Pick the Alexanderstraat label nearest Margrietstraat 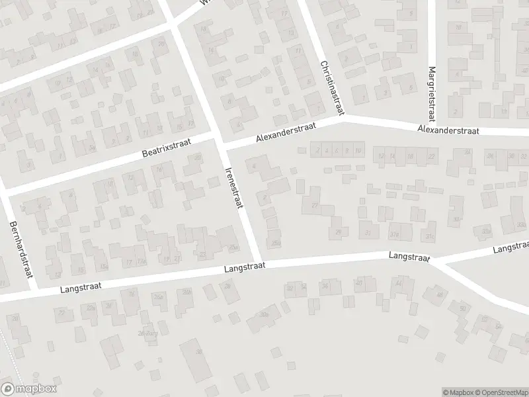(448, 130)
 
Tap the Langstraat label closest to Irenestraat (244, 266)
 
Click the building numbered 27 (315, 206)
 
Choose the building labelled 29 (339, 232)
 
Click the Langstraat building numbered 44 (398, 284)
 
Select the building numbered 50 (462, 308)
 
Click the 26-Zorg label (149, 333)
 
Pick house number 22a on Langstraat (91, 308)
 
